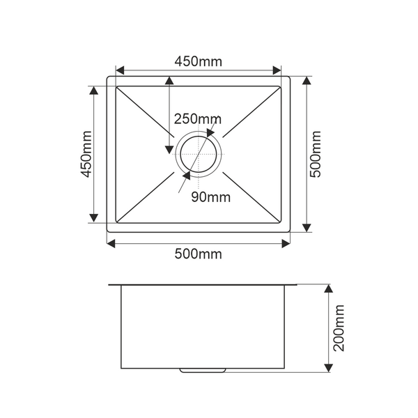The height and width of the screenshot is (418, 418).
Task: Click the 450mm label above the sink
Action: pos(198,61)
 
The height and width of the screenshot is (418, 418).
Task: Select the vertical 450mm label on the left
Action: pos(86,154)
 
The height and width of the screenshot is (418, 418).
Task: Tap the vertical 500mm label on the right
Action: pos(316,154)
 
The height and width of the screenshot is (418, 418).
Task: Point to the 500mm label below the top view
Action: pos(198,254)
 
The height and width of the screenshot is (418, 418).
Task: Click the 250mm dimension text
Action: pos(198,119)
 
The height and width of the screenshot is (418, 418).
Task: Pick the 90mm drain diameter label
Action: pos(210,197)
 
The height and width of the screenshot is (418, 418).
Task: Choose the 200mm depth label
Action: pos(339,328)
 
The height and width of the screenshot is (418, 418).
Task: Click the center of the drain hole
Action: pos(199,154)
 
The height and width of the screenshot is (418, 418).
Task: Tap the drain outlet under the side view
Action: pos(203,371)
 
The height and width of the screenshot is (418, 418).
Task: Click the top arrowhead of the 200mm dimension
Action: pos(329,288)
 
